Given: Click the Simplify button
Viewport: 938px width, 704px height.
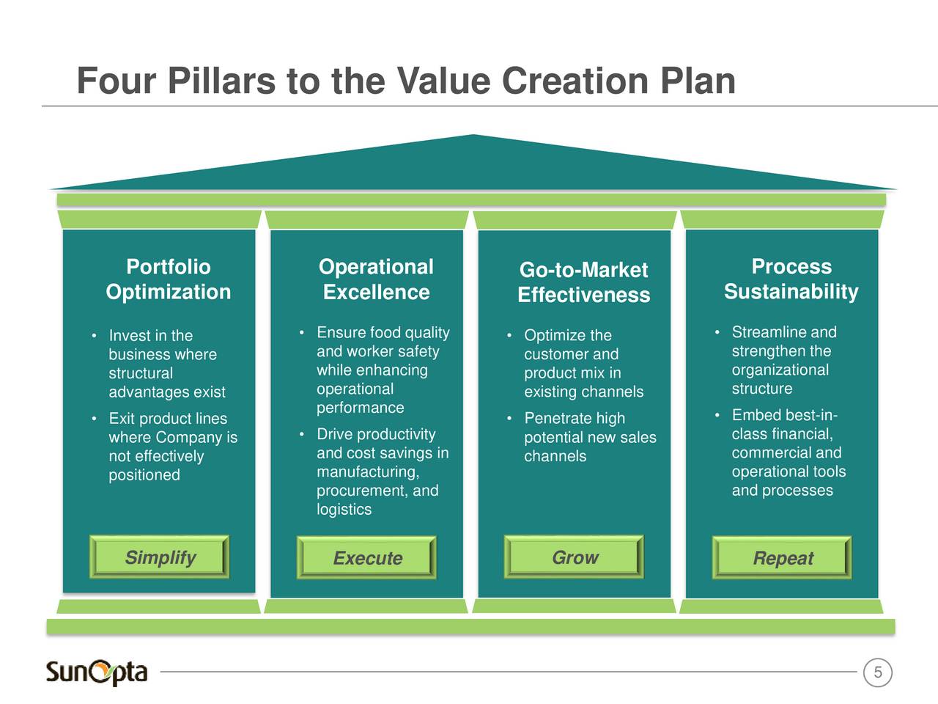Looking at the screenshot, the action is [160, 557].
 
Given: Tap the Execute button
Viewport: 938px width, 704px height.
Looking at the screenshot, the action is [366, 557].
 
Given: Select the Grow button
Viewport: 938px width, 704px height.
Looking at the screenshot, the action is [574, 557].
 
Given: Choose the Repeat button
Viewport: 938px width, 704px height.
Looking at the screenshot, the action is [782, 557].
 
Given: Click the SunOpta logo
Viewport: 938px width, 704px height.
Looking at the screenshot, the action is [97, 672].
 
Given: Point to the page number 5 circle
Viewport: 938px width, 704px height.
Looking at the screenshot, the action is [878, 672].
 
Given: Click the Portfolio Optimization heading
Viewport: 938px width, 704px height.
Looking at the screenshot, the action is [169, 279].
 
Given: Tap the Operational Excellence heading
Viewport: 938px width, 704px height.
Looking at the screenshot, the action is [376, 279].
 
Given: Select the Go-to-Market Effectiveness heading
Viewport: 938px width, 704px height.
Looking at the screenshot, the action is [584, 282].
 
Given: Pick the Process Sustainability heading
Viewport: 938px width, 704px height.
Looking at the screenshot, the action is [791, 279].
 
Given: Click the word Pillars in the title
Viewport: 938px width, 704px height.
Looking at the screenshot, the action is [222, 81].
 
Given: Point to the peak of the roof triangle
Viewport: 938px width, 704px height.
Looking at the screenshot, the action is [473, 135].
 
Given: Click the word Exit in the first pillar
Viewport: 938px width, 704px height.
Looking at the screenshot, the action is [122, 419].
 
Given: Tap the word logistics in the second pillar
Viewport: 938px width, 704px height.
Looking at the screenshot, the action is [344, 510].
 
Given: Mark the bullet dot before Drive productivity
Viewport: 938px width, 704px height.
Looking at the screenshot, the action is [302, 434].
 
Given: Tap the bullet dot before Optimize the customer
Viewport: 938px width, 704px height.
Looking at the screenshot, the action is [509, 336].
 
